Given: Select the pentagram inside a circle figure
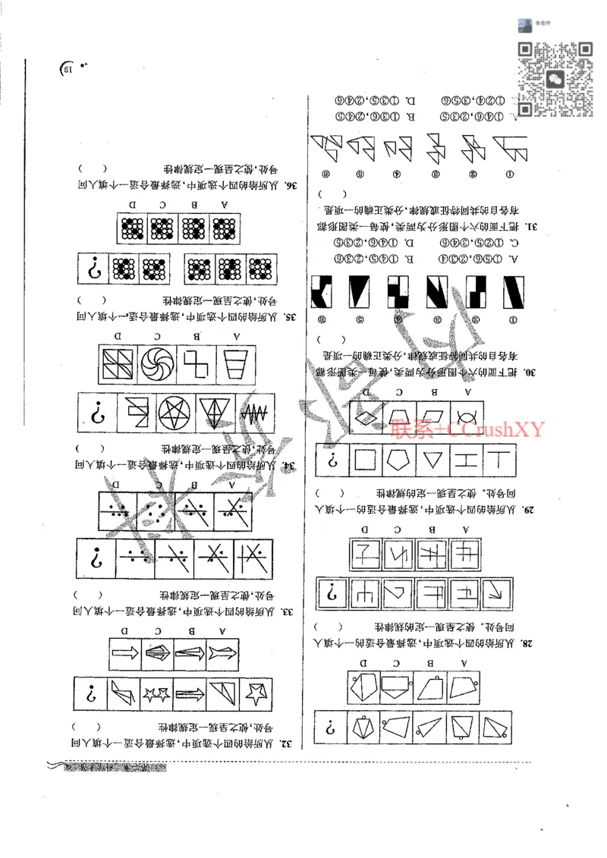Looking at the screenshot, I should click(175, 413).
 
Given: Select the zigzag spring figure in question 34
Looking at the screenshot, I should click(253, 414).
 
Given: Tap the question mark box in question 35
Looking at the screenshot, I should click(96, 269).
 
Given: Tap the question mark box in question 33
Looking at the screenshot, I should click(96, 558).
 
